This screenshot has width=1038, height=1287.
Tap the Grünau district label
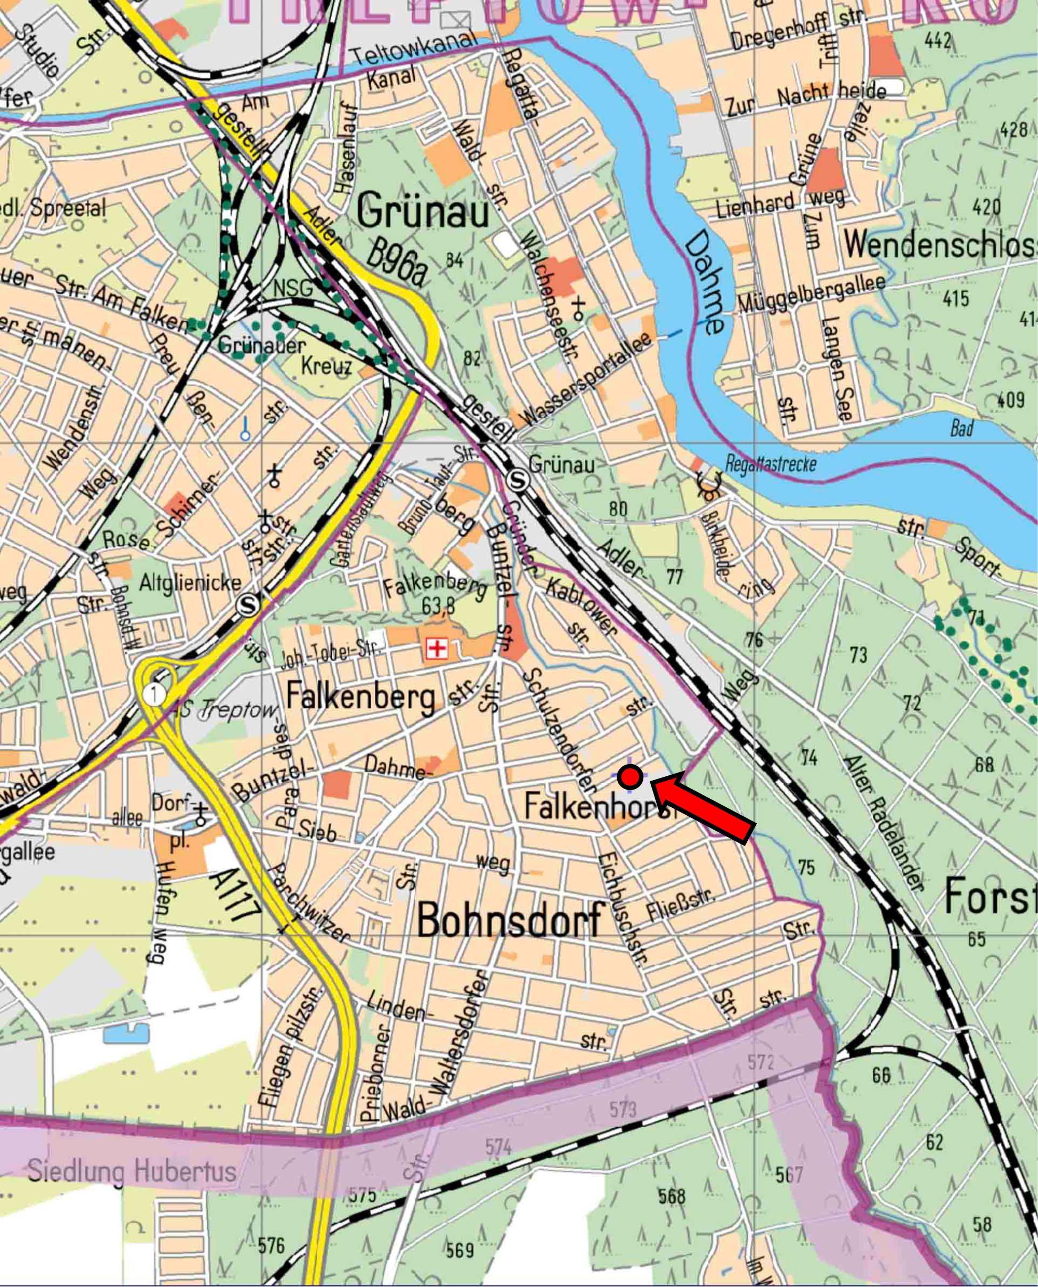(423, 212)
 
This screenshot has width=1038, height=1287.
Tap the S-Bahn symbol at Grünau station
(518, 480)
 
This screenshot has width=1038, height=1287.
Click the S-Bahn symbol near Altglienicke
(248, 605)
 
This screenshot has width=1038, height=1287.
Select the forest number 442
(937, 40)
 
